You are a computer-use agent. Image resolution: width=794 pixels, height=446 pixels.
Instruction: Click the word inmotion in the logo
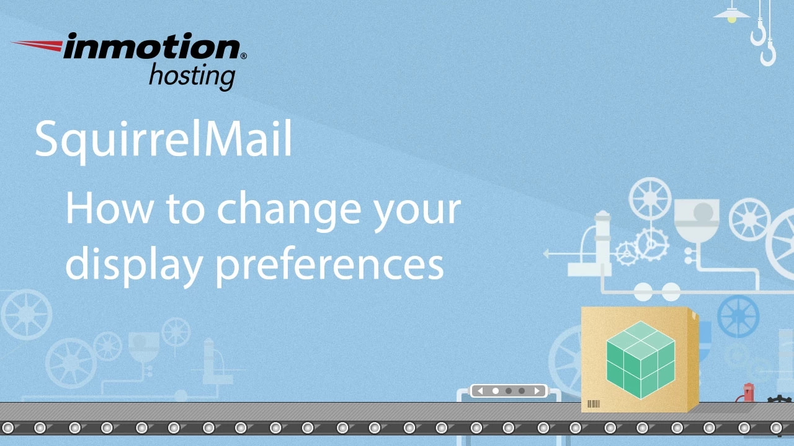tap(151, 47)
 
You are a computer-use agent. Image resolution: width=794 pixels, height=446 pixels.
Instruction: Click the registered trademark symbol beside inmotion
tap(243, 56)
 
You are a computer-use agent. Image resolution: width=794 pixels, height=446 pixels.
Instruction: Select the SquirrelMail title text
tap(163, 141)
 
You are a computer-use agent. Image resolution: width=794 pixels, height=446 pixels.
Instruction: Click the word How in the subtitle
tap(109, 208)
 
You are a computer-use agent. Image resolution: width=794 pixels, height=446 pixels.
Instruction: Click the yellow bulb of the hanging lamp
tap(732, 19)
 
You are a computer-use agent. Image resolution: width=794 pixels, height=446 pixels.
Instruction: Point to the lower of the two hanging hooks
tap(768, 54)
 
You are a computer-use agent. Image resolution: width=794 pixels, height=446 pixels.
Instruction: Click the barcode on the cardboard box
tap(594, 404)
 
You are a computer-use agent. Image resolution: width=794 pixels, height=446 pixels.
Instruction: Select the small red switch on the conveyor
tap(749, 393)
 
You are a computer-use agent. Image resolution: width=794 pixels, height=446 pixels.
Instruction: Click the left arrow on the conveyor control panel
tap(480, 391)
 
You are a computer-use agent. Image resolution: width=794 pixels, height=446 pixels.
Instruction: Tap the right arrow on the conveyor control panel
tap(537, 391)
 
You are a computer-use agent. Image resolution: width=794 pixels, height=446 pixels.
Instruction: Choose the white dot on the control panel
tap(495, 391)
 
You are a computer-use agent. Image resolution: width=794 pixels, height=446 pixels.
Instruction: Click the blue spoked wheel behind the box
tap(738, 315)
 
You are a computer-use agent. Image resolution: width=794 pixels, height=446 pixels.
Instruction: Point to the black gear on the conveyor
tap(779, 400)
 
